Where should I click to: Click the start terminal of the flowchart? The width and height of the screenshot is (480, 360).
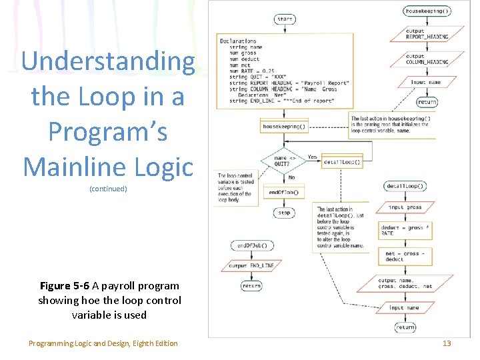click(285, 19)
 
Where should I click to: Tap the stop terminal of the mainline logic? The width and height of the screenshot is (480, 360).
click(285, 213)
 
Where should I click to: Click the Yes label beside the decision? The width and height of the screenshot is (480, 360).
click(312, 157)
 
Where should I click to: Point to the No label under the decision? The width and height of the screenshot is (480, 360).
click(291, 178)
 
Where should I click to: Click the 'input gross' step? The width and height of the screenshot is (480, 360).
click(405, 207)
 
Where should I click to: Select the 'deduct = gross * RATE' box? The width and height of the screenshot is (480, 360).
click(405, 231)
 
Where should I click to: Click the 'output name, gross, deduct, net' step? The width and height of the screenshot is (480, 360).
click(405, 283)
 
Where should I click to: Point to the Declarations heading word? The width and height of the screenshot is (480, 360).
click(238, 41)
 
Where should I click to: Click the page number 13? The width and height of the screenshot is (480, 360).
click(447, 343)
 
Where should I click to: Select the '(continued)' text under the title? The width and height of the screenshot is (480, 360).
click(108, 189)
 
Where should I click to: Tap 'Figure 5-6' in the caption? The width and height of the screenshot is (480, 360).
click(65, 286)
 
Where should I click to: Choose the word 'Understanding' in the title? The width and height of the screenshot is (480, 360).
click(108, 61)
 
